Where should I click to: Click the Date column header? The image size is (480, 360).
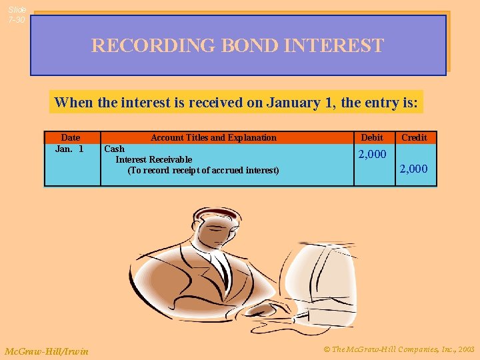(70, 137)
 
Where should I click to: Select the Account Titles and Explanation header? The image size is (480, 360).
(213, 137)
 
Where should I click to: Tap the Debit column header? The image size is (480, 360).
(372, 137)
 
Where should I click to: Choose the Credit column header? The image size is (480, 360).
(414, 137)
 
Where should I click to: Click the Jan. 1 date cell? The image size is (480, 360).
(69, 149)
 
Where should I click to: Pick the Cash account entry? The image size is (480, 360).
(114, 149)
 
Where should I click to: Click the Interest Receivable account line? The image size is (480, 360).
(153, 159)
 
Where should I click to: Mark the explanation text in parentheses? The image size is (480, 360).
(203, 170)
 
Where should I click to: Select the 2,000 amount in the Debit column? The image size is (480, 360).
(372, 155)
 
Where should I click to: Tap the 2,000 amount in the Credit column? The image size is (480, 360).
(413, 169)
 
